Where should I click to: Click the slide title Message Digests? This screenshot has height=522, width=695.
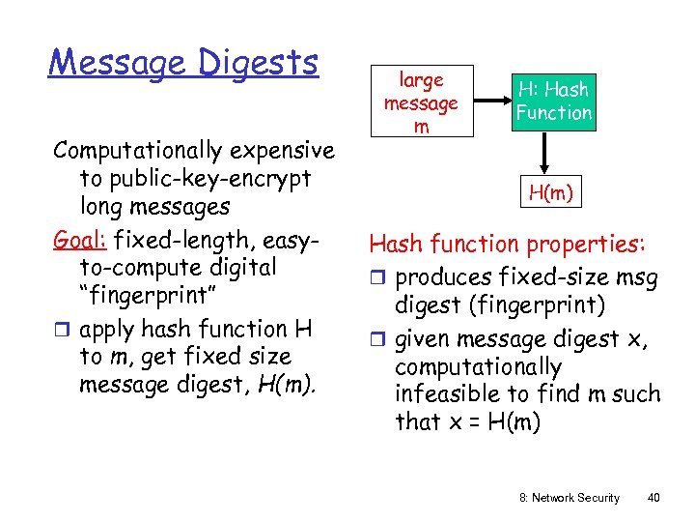[x=183, y=63]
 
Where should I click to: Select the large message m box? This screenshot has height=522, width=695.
[x=421, y=101]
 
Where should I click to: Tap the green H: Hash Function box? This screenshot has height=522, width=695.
[x=553, y=101]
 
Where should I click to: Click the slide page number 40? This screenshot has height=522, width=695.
[x=653, y=497]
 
